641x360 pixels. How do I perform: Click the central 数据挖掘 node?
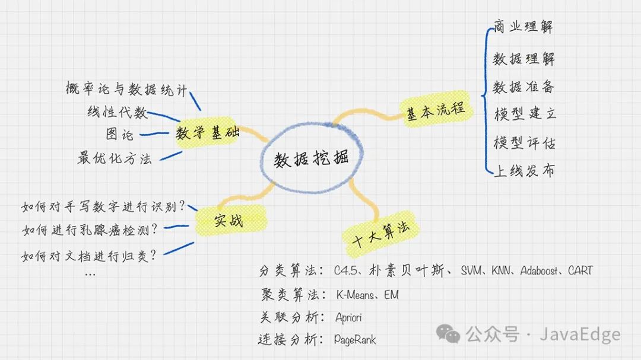pos(311,158)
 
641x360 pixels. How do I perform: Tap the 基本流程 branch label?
pos(438,112)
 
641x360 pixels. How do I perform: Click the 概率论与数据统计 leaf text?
pos(127,90)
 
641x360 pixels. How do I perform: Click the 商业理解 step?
pos(525,27)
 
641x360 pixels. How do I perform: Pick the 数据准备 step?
pos(525,87)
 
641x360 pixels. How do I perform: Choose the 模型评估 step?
pos(525,142)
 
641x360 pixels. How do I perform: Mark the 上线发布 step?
pos(525,171)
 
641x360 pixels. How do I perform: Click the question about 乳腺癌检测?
pos(90,229)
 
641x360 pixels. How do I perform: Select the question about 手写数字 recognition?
pos(103,206)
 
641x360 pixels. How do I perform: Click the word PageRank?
pos(355,340)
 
